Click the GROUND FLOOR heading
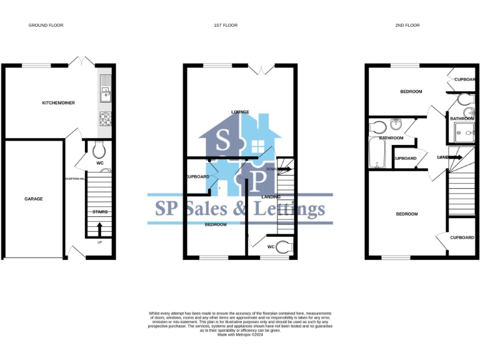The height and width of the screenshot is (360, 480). [x=46, y=26]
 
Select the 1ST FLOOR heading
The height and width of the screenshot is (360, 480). [x=226, y=26]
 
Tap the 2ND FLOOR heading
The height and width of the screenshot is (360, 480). [x=407, y=26]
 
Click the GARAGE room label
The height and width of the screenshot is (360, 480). [x=34, y=199]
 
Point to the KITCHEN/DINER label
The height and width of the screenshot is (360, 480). [x=58, y=102]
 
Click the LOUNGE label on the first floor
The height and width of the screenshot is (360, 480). [x=240, y=112]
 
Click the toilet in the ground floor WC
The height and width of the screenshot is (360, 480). [x=99, y=150]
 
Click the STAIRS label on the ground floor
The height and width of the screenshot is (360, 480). [x=100, y=212]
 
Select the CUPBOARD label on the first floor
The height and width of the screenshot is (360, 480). [x=197, y=177]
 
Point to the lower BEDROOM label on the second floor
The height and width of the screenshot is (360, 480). [x=406, y=214]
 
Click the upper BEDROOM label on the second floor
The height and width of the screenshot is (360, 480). [x=411, y=91]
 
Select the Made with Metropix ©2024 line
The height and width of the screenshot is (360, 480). [x=240, y=335]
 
